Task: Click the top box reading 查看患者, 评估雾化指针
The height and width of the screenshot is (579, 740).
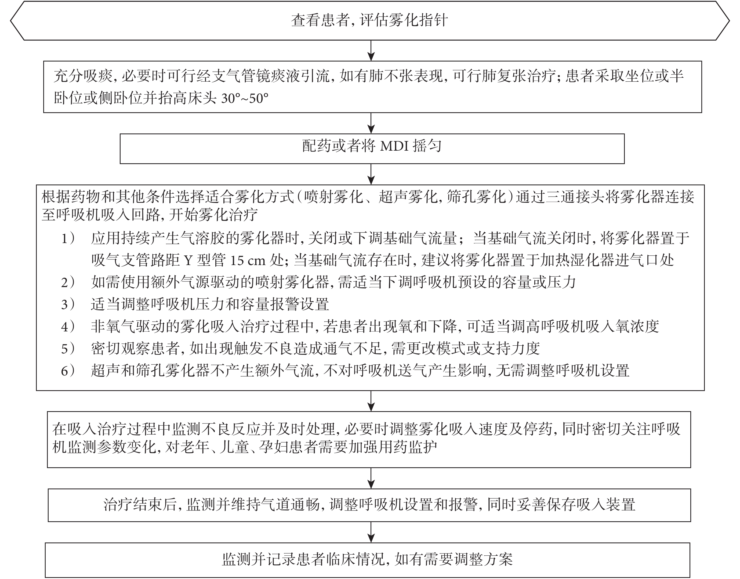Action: (369, 20)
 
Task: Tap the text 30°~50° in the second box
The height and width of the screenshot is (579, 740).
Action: (245, 99)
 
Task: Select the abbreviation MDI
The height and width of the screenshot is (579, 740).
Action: (394, 146)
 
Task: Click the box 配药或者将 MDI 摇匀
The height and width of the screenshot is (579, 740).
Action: (372, 149)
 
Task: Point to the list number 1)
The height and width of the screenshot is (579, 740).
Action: (68, 239)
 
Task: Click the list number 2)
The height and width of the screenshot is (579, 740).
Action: (68, 282)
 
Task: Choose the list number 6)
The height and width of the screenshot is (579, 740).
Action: (68, 371)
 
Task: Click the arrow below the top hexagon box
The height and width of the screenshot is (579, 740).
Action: (371, 51)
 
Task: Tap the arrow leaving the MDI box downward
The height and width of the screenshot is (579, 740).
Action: (371, 174)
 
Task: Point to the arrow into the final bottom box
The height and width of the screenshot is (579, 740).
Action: (371, 532)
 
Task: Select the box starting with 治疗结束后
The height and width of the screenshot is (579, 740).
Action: (369, 505)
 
